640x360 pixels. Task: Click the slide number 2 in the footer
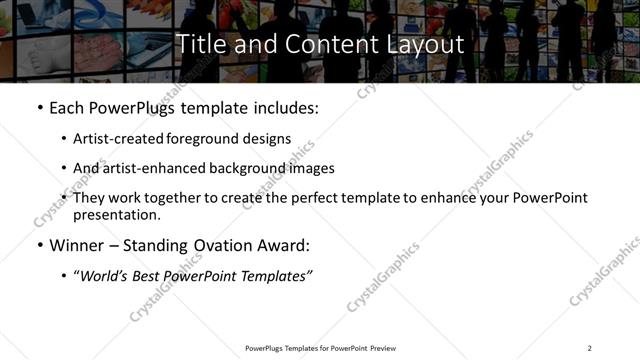tap(589, 348)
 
